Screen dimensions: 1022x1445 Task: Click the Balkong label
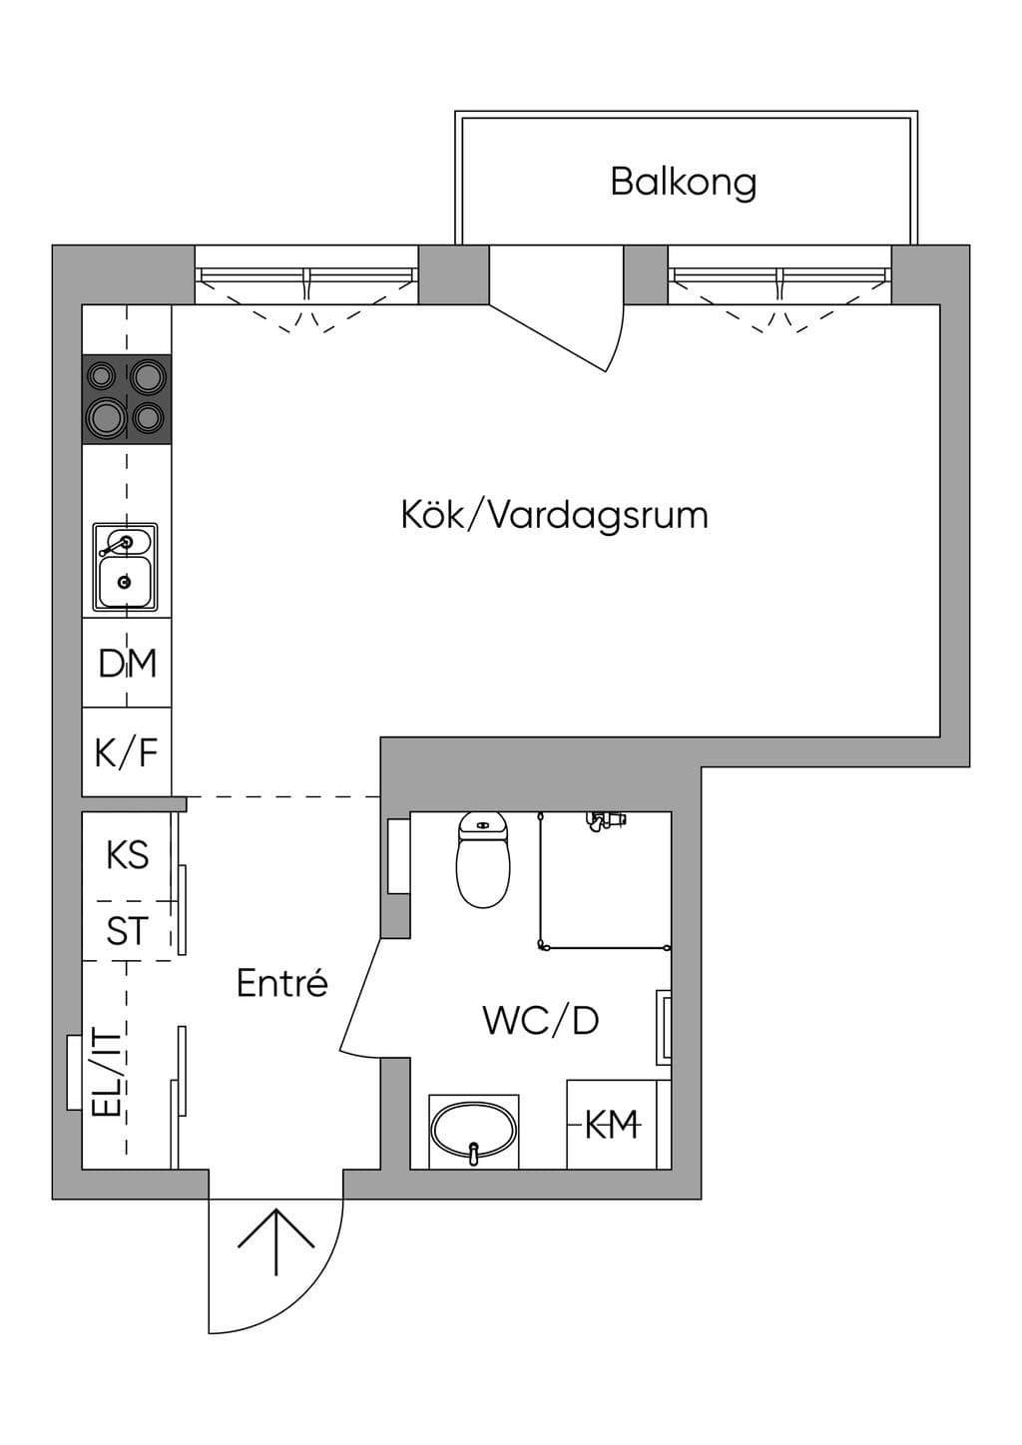pyautogui.click(x=684, y=184)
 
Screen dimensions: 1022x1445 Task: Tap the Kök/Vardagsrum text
pyautogui.click(x=554, y=516)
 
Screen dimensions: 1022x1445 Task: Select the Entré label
pyautogui.click(x=282, y=983)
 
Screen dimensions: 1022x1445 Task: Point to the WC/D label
pyautogui.click(x=541, y=1020)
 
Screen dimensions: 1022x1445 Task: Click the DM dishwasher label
pyautogui.click(x=127, y=663)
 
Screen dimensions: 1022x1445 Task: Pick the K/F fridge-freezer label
pyautogui.click(x=127, y=752)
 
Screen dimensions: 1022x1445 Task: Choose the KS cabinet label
pyautogui.click(x=127, y=855)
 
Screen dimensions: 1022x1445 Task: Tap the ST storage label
pyautogui.click(x=127, y=931)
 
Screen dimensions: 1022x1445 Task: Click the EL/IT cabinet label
pyautogui.click(x=107, y=1074)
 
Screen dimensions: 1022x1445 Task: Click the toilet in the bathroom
pyautogui.click(x=483, y=860)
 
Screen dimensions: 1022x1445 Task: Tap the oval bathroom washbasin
pyautogui.click(x=474, y=1132)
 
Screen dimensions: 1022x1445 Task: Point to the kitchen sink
pyautogui.click(x=125, y=567)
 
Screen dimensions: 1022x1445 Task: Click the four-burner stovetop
pyautogui.click(x=127, y=398)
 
